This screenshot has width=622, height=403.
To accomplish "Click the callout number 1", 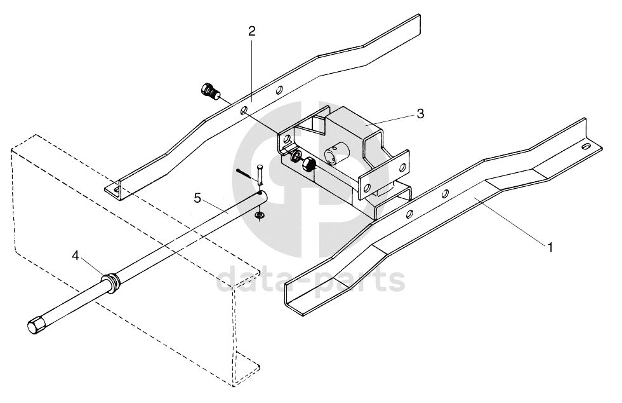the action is (x=551, y=247).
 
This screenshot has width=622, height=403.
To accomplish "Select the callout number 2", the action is (x=252, y=31).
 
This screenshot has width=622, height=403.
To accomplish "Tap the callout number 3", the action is (x=420, y=114).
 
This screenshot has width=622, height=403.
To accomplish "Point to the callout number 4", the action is (x=76, y=256).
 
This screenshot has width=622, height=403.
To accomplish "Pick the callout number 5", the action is (x=197, y=198).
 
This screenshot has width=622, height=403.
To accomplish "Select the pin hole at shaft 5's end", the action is (x=260, y=193).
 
